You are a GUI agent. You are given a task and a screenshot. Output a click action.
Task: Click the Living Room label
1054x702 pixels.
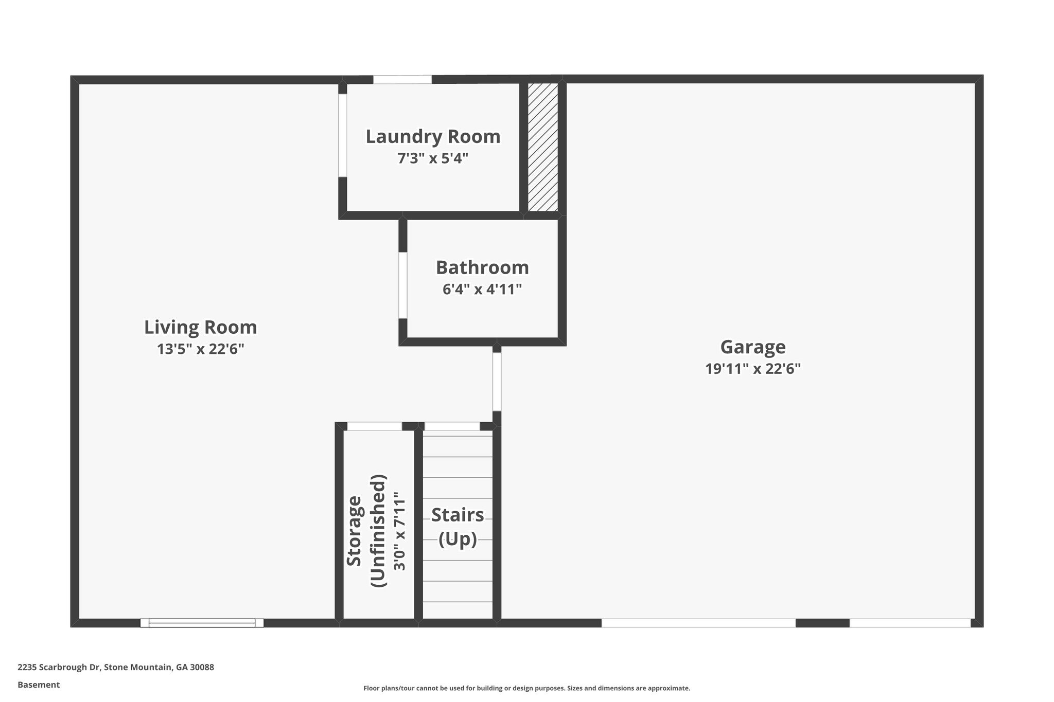click(200, 327)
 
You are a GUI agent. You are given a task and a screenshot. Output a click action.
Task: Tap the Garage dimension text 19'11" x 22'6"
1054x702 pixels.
click(752, 369)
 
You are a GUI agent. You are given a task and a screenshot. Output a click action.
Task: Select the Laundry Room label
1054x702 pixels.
click(433, 136)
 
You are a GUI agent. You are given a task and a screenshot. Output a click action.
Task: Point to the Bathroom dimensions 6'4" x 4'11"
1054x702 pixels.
click(482, 290)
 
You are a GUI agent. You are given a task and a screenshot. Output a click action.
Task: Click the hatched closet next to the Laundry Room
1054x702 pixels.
click(543, 147)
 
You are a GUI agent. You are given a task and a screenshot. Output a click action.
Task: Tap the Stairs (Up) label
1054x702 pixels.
click(458, 527)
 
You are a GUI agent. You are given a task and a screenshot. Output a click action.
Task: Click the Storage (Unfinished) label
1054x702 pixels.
click(366, 531)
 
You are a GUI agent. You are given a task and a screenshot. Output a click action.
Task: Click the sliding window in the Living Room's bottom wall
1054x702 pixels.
click(202, 623)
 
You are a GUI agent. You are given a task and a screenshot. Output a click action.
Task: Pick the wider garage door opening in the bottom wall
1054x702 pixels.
click(698, 623)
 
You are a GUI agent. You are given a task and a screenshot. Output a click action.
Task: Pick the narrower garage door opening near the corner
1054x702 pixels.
click(910, 623)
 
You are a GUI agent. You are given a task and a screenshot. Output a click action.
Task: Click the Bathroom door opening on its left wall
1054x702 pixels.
click(403, 285)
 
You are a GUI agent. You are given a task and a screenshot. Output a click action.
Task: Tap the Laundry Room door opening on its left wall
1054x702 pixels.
click(342, 135)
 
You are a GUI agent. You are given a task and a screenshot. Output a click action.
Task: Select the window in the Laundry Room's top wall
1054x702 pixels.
click(402, 80)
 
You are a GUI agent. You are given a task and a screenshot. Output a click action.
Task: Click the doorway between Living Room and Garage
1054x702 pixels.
click(497, 381)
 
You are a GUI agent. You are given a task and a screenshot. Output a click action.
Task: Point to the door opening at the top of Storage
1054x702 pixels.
click(374, 426)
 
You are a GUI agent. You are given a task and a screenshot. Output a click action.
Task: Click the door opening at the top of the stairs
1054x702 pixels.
click(452, 426)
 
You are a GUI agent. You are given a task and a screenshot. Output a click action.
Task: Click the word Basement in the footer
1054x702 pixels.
click(39, 685)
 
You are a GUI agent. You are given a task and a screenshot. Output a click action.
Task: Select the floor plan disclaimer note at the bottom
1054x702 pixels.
click(526, 688)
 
